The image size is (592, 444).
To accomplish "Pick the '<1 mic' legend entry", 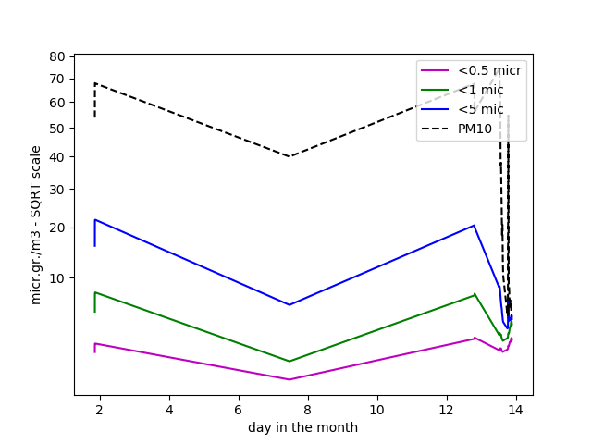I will coord(480,90).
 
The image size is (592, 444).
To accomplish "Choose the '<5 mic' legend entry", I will coord(480,109).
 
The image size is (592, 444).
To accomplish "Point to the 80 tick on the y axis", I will coord(57,56).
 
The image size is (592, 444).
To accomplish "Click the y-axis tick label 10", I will coord(57,277).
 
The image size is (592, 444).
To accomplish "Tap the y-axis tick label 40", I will coord(57,156).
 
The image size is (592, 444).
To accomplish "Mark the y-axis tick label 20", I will coord(57,228).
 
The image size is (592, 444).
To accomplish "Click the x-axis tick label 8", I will coord(308,409).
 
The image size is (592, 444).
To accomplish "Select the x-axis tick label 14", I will coord(516,409).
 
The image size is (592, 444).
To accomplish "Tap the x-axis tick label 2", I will coord(100,409).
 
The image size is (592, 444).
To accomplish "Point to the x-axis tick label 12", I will coord(447,409).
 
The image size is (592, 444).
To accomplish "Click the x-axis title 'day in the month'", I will coord(302,427).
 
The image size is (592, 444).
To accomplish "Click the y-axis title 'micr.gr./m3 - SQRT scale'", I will coord(36,225).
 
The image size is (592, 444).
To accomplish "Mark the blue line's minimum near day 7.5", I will coord(290,305).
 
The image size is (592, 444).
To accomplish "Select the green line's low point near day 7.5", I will coord(290,362).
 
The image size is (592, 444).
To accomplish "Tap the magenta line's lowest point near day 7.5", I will coord(290,379).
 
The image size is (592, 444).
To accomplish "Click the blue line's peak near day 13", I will coord(474,225).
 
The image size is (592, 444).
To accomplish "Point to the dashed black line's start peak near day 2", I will coord(94,83).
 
